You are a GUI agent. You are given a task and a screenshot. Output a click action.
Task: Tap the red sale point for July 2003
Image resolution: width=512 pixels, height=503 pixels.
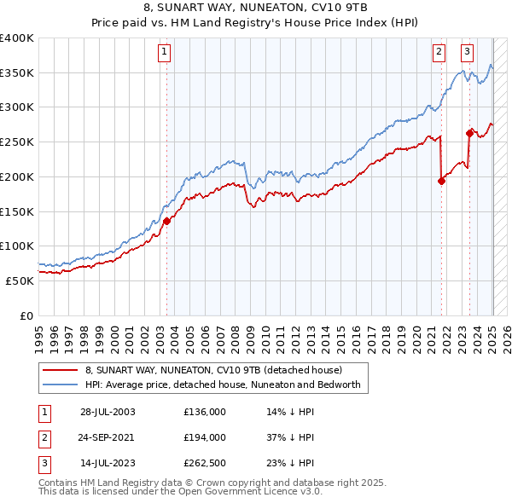pos(166,221)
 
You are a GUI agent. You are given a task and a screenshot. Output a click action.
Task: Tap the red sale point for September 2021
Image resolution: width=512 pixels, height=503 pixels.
pos(441,181)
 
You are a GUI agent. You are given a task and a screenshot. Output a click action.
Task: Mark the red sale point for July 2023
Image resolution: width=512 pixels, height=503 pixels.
pos(469,132)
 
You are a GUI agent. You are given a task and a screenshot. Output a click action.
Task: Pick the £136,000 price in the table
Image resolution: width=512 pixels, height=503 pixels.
pos(205,411)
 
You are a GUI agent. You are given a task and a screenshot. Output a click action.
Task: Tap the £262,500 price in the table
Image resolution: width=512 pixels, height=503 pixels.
pos(205,463)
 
